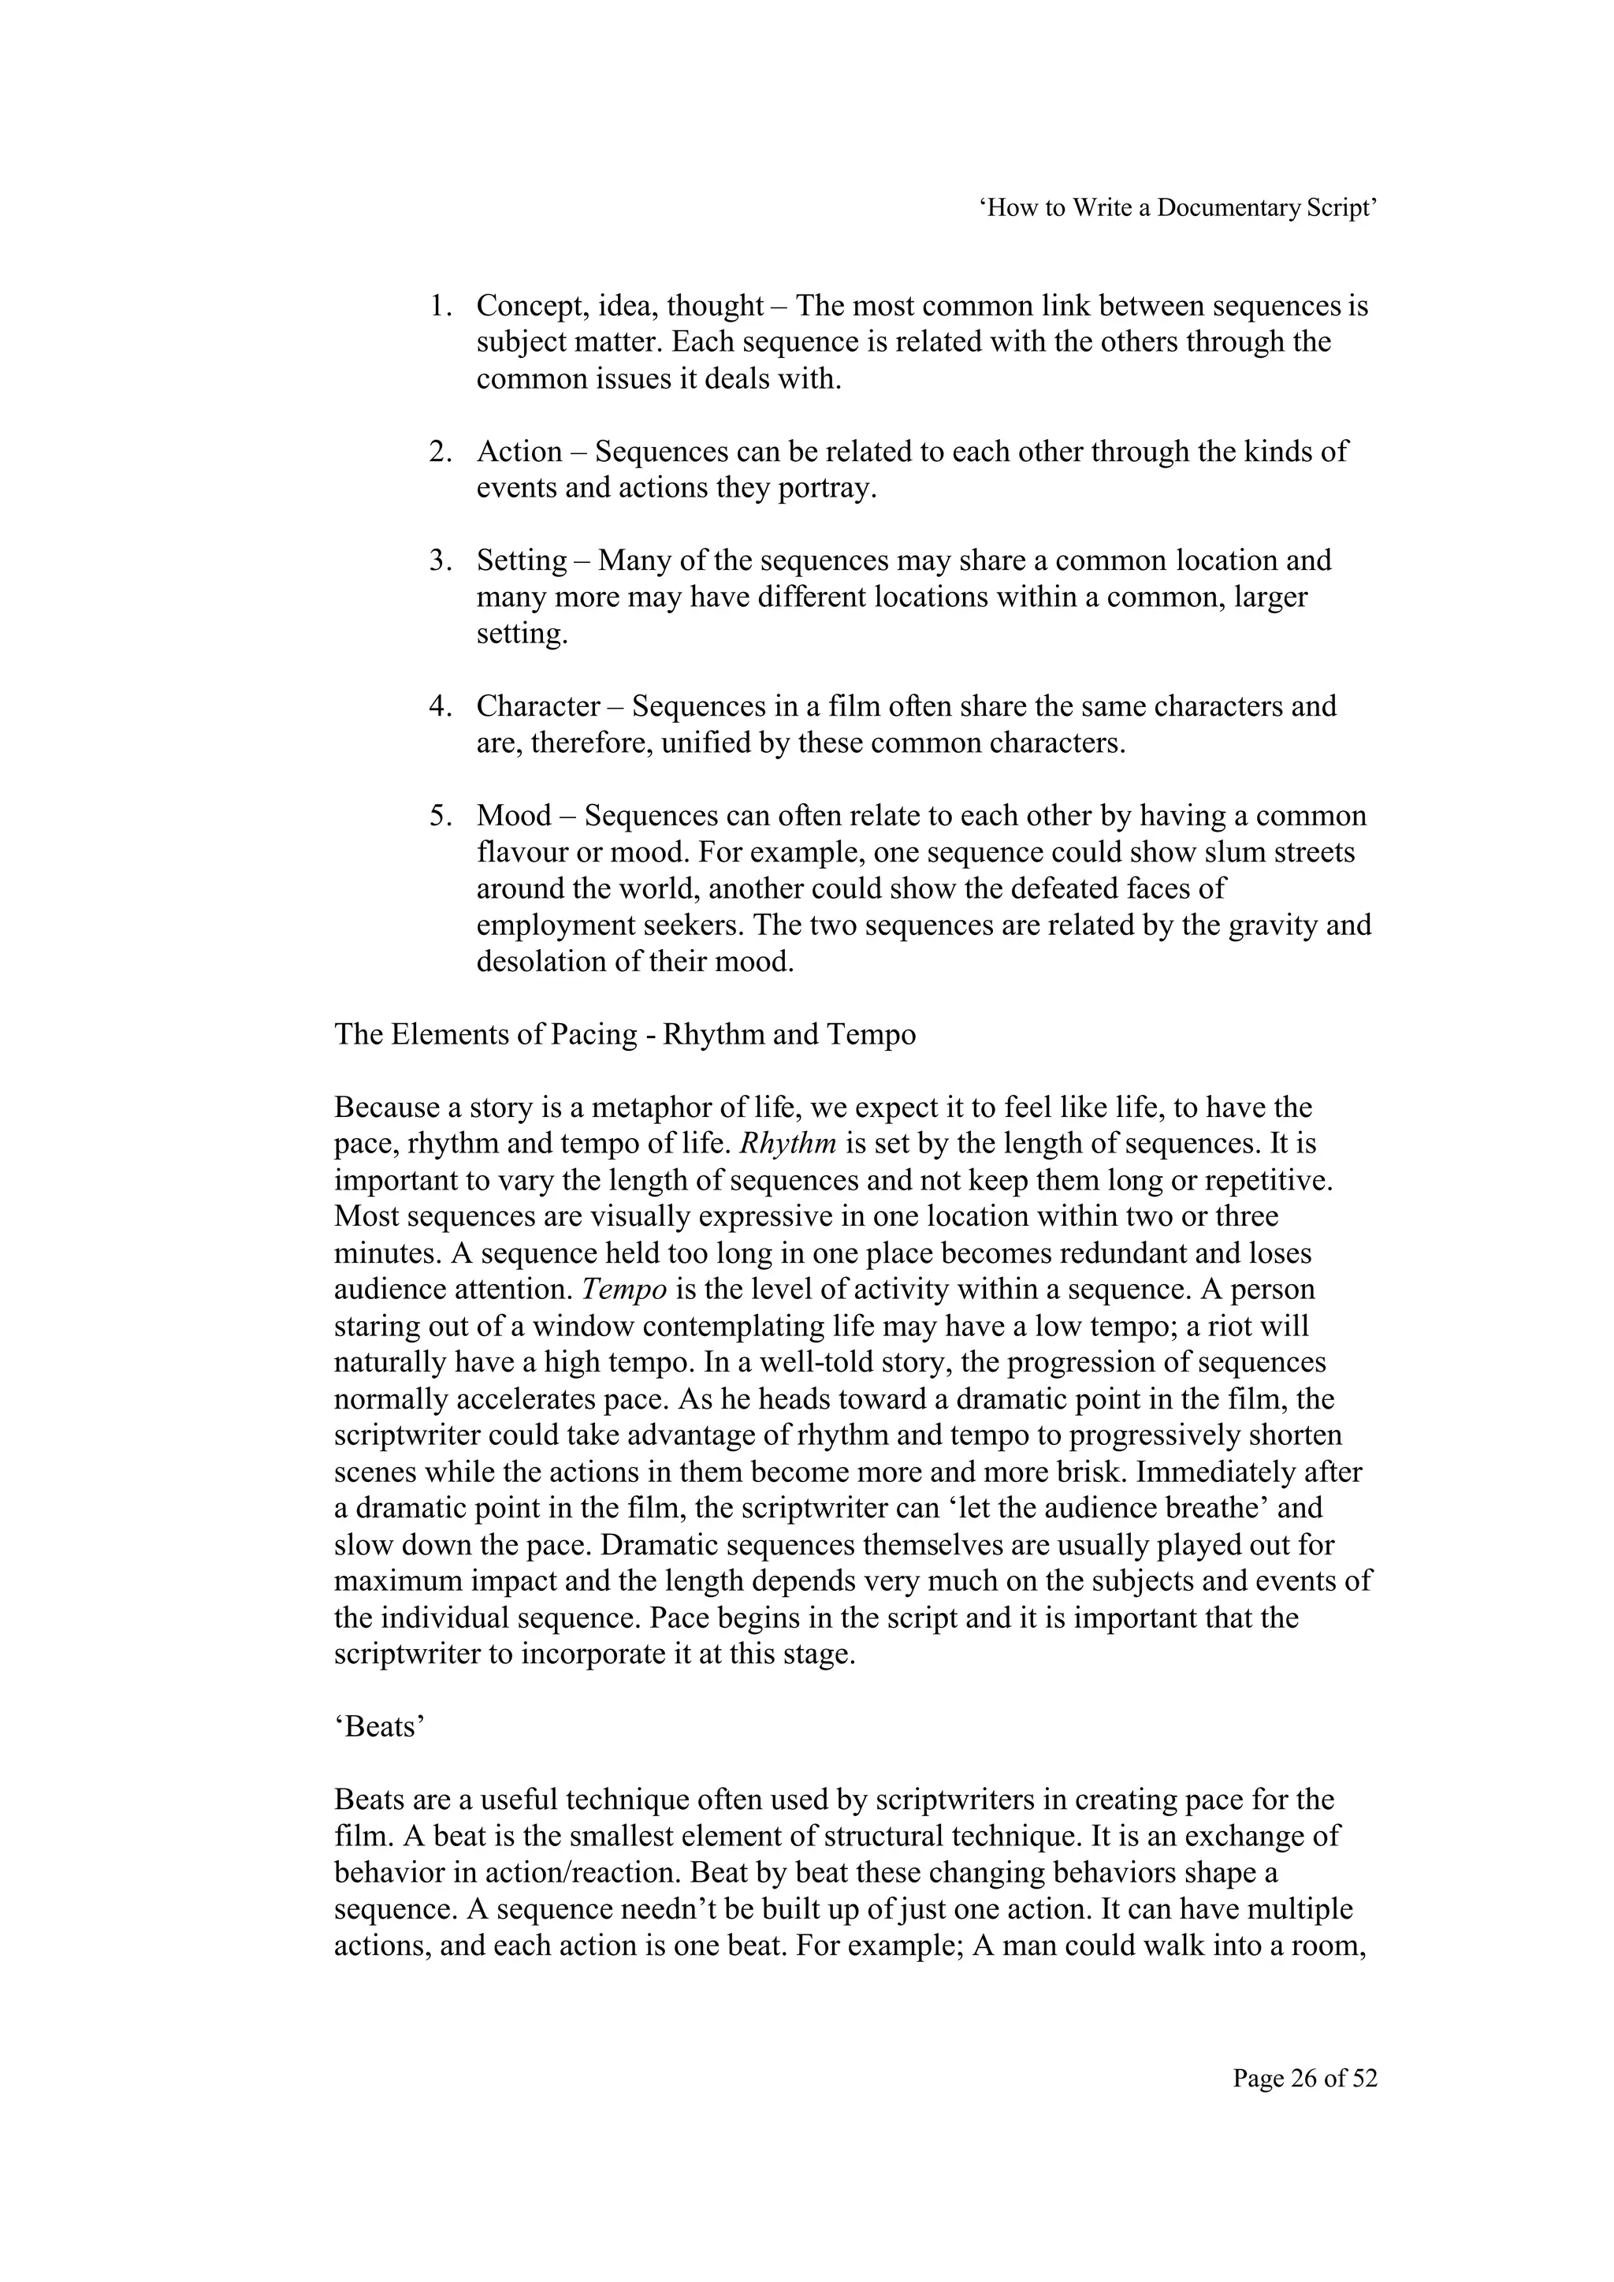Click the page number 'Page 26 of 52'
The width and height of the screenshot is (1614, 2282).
coord(1304,2079)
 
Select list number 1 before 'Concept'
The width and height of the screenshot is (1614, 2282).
coord(439,306)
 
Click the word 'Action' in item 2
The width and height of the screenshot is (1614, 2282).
coord(519,452)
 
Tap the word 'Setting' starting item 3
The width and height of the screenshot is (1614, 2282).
coord(522,561)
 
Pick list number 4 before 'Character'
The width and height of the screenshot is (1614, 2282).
coord(439,706)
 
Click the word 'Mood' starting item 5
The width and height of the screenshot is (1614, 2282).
coord(514,816)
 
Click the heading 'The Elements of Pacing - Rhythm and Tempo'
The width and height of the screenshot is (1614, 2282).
coord(624,1035)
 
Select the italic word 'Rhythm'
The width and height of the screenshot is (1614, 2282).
coord(789,1144)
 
